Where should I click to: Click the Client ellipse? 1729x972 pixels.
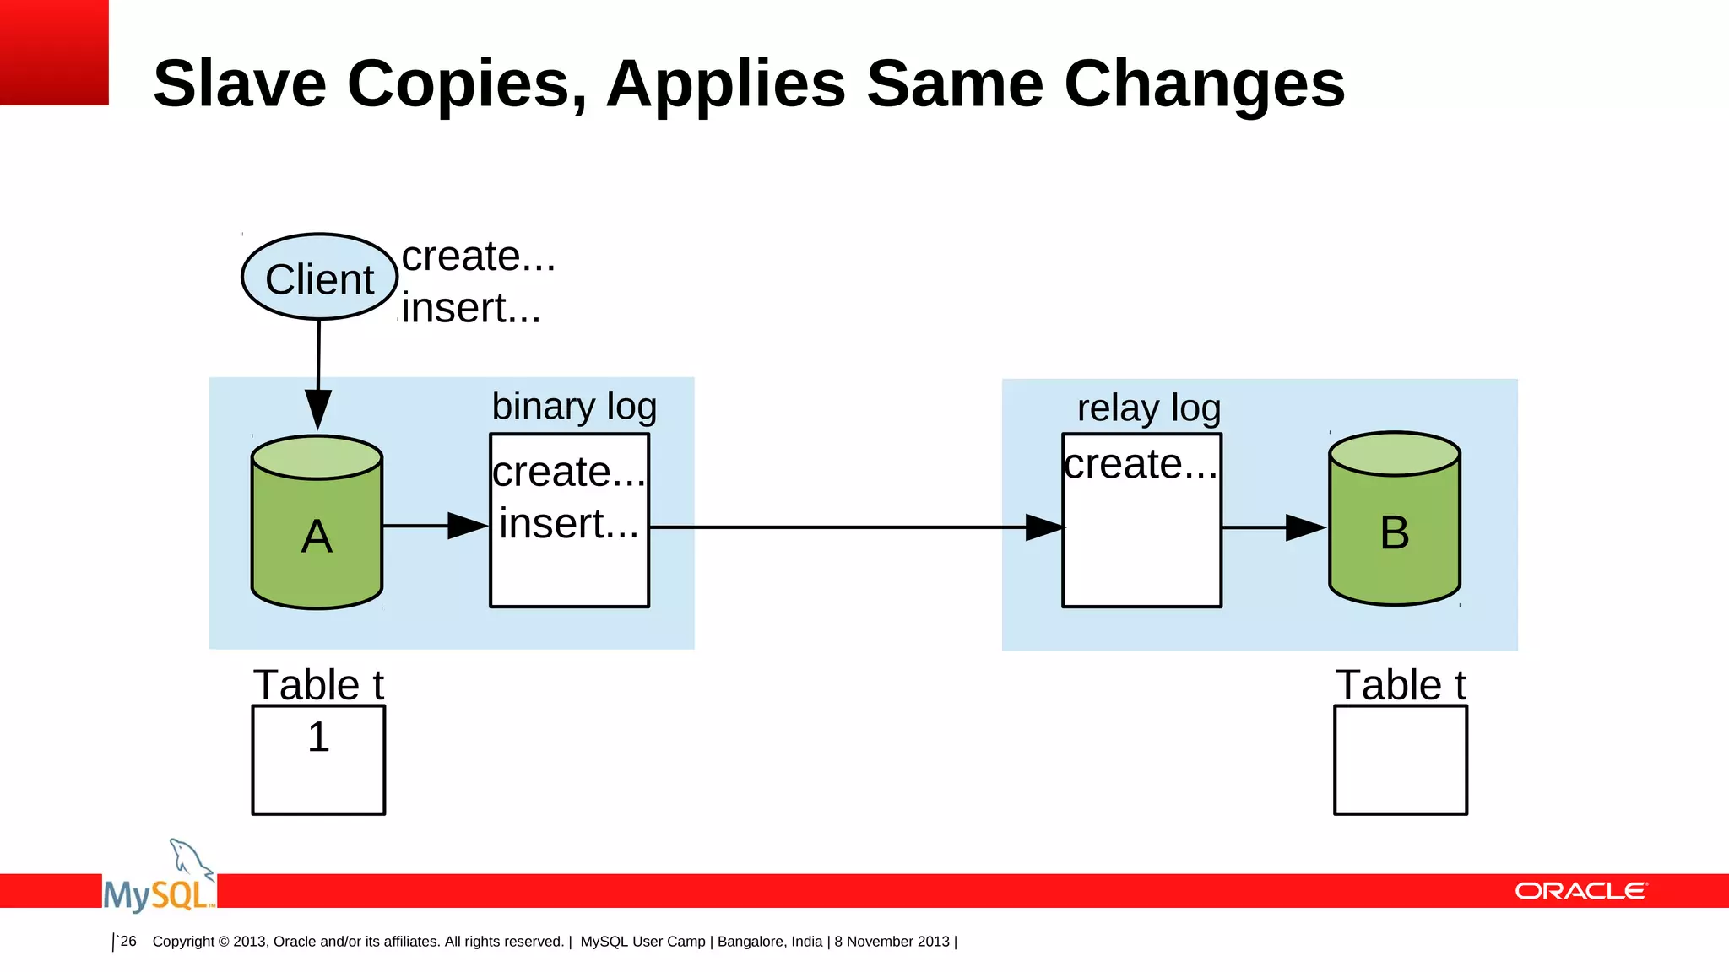pyautogui.click(x=319, y=278)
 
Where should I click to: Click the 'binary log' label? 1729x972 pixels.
pyautogui.click(x=574, y=406)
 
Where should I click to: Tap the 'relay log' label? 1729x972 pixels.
pyautogui.click(x=1148, y=408)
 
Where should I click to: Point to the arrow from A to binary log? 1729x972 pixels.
pyautogui.click(x=435, y=526)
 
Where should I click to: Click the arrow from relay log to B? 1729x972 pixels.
pyautogui.click(x=1273, y=527)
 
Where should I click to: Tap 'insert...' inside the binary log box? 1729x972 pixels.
pyautogui.click(x=568, y=523)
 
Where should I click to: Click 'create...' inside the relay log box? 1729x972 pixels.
pyautogui.click(x=1141, y=464)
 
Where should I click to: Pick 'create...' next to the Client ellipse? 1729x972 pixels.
pyautogui.click(x=478, y=256)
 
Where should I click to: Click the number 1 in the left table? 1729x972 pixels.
pyautogui.click(x=318, y=737)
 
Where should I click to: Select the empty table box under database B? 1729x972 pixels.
pyautogui.click(x=1400, y=760)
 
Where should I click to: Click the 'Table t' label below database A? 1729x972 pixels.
pyautogui.click(x=318, y=684)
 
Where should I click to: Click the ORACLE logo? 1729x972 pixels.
pyautogui.click(x=1580, y=891)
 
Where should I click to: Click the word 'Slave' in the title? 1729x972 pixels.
pyautogui.click(x=240, y=84)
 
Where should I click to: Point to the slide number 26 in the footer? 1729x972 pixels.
pyautogui.click(x=128, y=941)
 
